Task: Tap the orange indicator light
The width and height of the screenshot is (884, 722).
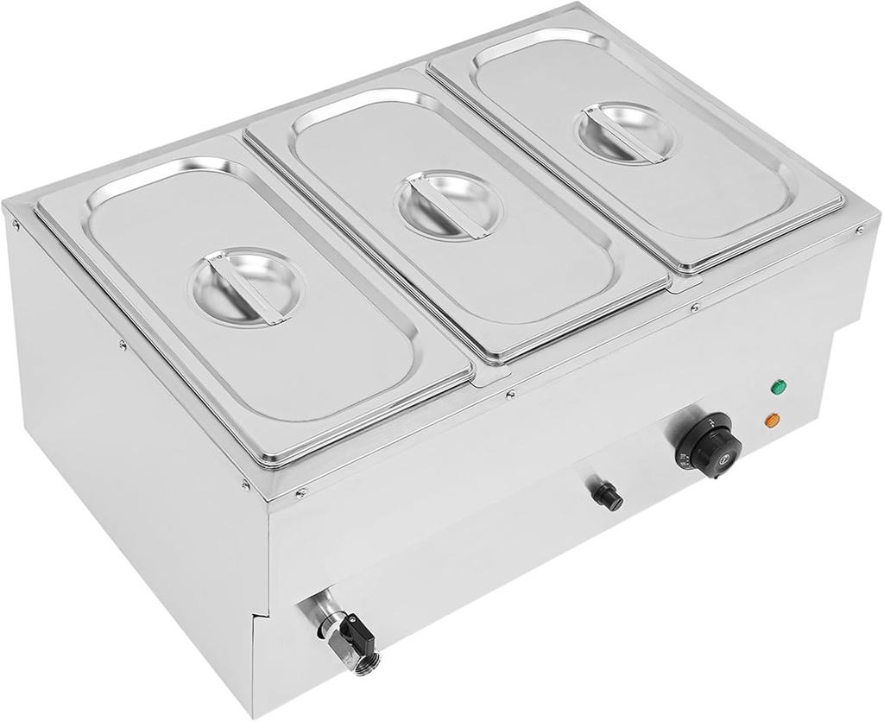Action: [773, 421]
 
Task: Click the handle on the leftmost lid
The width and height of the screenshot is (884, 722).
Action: [247, 286]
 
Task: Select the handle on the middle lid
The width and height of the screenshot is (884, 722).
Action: [448, 205]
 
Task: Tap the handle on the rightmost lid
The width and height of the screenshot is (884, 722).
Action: [627, 132]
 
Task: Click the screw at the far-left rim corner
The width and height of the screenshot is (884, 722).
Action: [16, 224]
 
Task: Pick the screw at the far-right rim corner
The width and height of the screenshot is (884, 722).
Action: [858, 230]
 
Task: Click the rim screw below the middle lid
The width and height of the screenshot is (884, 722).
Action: [511, 395]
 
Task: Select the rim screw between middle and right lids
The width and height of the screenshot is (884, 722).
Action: [695, 306]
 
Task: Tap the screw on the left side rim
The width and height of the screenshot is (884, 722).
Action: [122, 344]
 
